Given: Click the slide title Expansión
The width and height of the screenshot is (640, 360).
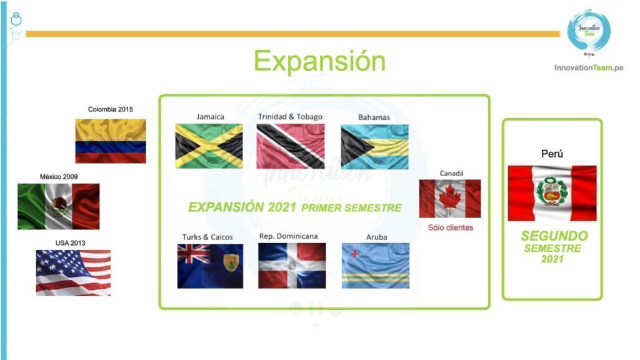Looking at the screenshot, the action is [319, 61].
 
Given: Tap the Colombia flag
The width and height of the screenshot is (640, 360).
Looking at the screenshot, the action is [111, 141].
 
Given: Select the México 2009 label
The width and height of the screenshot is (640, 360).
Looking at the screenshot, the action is [59, 177].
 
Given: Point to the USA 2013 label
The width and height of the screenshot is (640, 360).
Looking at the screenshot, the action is [70, 243].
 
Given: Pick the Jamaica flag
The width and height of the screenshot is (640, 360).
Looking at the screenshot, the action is [209, 146].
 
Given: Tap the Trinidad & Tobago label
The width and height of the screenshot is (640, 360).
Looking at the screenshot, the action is [290, 117].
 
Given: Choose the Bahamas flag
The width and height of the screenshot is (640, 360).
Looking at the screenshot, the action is [375, 147].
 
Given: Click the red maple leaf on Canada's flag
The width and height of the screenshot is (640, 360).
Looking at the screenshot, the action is [450, 199].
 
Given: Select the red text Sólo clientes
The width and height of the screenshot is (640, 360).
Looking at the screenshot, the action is [451, 227].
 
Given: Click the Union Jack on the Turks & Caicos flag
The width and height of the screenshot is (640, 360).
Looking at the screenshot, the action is [194, 254].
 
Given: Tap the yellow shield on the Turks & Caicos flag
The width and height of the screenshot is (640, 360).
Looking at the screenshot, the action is [231, 263].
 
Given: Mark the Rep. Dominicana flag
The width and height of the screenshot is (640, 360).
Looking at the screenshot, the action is [292, 266].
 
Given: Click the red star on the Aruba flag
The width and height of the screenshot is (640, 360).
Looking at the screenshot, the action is [356, 254].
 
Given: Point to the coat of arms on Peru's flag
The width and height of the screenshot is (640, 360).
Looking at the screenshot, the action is [552, 191].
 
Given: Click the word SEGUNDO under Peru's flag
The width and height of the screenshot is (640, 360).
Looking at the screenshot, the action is [554, 236].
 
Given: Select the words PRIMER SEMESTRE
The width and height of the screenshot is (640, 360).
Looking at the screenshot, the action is [351, 208].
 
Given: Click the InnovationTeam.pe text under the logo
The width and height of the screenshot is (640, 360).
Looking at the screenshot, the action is [589, 67].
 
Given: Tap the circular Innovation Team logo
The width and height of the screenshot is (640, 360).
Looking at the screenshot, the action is [589, 31].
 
